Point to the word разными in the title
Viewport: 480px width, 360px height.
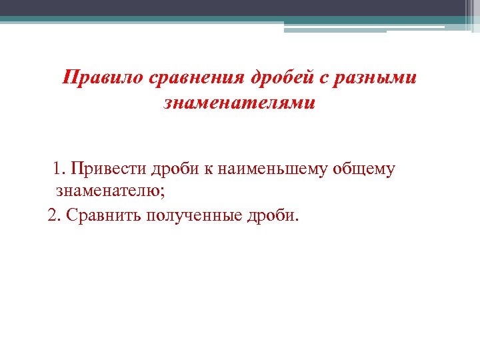(380, 78)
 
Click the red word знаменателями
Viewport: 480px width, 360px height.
(239, 104)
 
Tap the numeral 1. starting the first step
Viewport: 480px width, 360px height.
(60, 169)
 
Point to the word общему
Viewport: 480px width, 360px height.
(367, 169)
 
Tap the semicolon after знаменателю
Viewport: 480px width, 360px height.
(161, 193)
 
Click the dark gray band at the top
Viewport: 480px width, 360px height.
(240, 7)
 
